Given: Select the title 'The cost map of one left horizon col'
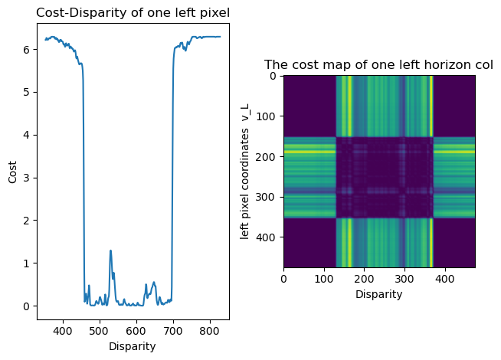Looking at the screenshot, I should (378, 65).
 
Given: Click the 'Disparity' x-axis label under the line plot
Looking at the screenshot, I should (133, 346).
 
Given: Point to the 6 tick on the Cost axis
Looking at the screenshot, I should (26, 49).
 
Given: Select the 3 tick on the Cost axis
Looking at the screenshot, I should (26, 178).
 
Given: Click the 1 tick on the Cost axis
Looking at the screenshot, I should (26, 263).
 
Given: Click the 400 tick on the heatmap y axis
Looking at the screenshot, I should (270, 237).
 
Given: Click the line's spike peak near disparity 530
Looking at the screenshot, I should (110, 250).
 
